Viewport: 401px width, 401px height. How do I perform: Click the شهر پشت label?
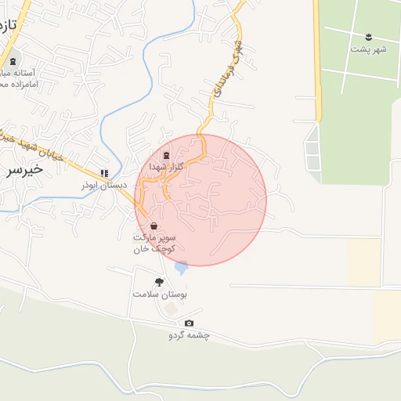369,49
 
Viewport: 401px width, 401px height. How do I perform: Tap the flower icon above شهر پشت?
369,37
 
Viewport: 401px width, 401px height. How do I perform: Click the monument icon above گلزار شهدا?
166,155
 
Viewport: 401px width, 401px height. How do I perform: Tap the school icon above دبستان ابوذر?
104,173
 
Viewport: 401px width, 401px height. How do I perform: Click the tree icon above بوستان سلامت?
160,282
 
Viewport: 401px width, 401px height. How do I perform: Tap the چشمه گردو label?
189,335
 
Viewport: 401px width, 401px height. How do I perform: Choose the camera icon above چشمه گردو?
189,323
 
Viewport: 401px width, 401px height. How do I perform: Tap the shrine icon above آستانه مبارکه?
13,60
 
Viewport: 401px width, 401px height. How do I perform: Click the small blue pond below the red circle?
182,268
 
